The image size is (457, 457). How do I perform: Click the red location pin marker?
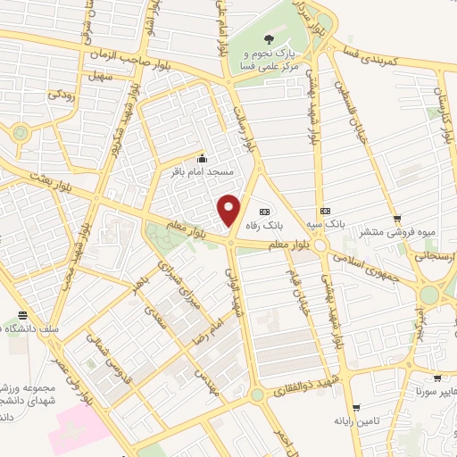tap(230, 211)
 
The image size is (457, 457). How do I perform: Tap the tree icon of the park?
tap(270, 38)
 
